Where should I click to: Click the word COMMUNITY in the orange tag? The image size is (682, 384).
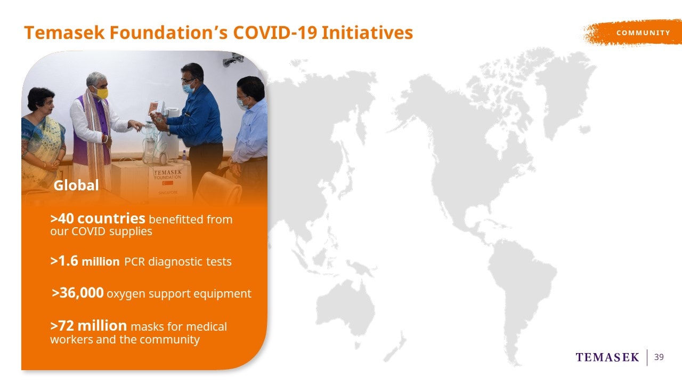pos(643,33)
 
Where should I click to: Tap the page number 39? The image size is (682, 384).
pos(659,357)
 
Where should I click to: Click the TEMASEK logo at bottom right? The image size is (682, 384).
pos(607,357)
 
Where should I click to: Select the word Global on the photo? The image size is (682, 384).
pos(76,185)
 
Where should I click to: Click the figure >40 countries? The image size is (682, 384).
pos(98,218)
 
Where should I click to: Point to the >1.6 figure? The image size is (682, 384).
pos(64,261)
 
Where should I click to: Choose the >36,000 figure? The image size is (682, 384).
pos(78,293)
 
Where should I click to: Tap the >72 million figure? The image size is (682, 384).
pos(88,325)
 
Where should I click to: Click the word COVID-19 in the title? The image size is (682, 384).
pos(275,33)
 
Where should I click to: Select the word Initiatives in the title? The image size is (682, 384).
pos(367,33)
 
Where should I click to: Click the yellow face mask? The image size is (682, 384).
pos(102,93)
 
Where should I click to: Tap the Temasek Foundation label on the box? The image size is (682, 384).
pos(167,174)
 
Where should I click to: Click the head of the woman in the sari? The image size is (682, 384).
pos(41,100)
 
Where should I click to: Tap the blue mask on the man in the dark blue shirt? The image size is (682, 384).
pos(188,88)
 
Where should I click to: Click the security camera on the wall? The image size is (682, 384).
pos(233,59)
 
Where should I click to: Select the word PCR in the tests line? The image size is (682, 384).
pos(134,262)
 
